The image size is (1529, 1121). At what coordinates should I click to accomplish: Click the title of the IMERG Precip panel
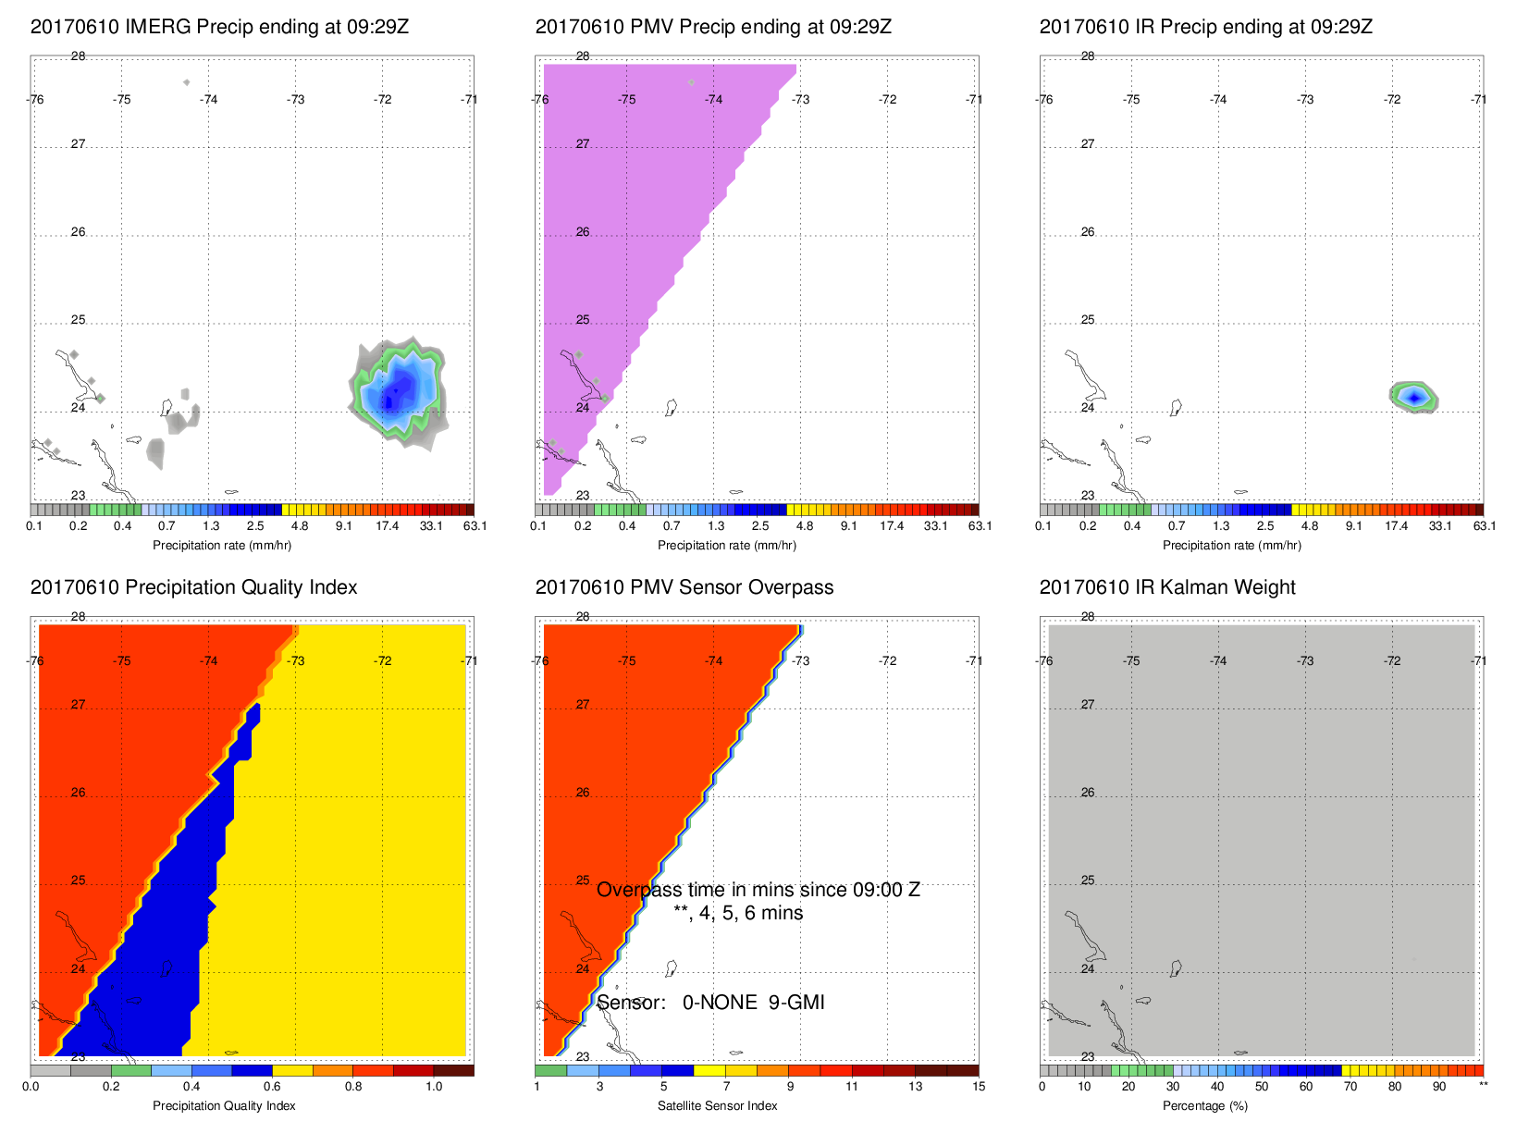(219, 27)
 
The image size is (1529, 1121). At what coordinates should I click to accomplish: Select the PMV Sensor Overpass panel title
(684, 587)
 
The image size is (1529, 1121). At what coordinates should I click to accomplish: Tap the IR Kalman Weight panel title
(1167, 587)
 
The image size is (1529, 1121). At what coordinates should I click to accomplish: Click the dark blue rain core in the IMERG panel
(390, 400)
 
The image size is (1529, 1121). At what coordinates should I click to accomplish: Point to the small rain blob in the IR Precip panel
(1413, 397)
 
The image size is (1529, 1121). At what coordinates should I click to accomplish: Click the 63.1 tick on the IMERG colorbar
(475, 526)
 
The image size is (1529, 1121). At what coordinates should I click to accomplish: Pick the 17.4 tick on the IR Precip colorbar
(1396, 526)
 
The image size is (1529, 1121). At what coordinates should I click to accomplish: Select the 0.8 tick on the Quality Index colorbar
(353, 1087)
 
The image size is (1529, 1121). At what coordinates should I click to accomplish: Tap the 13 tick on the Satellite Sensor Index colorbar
(915, 1087)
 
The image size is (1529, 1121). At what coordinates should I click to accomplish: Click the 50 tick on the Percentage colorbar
(1262, 1087)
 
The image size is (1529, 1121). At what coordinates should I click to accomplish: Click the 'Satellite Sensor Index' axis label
(717, 1106)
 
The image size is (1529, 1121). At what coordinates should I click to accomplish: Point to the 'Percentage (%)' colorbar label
(1205, 1106)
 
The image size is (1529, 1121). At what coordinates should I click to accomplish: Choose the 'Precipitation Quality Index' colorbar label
(224, 1106)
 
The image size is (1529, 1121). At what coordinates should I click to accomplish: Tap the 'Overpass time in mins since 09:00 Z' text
(758, 890)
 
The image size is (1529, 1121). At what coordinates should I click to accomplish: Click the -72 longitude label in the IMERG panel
(382, 100)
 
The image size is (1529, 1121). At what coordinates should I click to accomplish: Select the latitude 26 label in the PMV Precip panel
(583, 232)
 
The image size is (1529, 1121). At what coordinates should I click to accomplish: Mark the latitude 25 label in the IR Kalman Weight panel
(1088, 881)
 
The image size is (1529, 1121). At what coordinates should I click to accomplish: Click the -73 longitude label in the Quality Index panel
(295, 661)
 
